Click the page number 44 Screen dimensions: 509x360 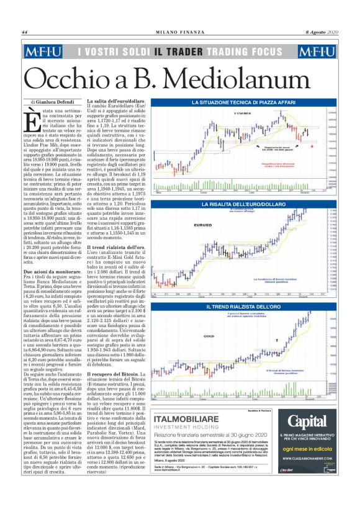[x=25, y=32]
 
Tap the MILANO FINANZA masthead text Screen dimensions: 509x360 [x=180, y=32]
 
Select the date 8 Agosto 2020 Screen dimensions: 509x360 [x=322, y=32]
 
